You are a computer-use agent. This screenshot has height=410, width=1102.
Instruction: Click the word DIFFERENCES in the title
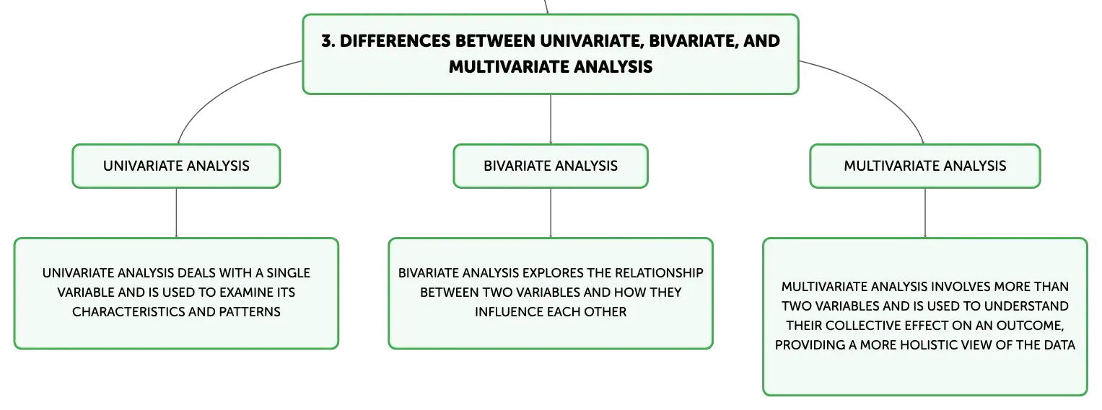[x=395, y=41]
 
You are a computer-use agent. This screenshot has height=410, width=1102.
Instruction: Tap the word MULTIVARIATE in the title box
[x=509, y=67]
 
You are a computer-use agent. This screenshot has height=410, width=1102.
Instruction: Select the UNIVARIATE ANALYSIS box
[x=176, y=166]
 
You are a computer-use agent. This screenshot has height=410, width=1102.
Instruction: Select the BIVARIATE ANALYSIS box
[x=551, y=166]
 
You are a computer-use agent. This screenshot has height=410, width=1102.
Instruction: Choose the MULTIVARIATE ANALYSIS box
[x=925, y=166]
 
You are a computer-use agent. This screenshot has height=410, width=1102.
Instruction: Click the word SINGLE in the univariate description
[x=288, y=273]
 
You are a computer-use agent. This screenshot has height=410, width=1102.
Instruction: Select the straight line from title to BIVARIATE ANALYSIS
[x=551, y=119]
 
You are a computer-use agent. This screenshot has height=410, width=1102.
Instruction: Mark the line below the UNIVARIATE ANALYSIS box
[x=176, y=213]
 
